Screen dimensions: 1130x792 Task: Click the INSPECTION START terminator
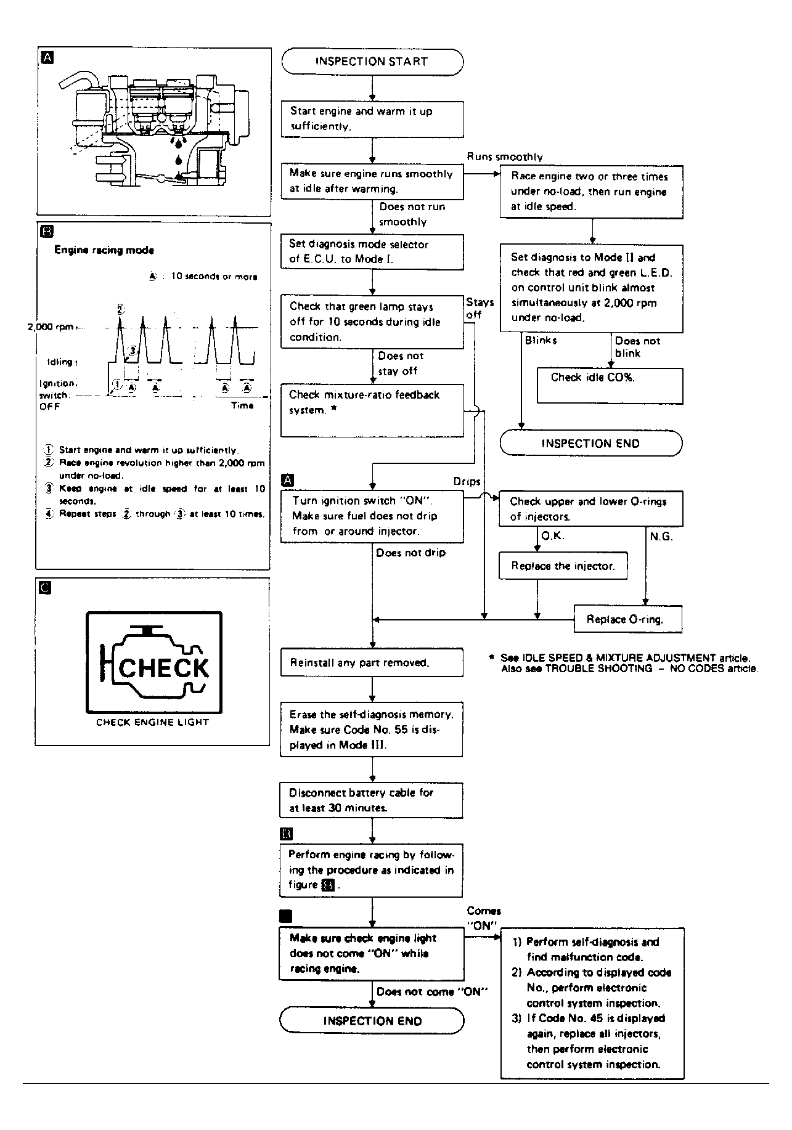point(372,62)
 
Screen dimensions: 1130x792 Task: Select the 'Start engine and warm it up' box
point(372,119)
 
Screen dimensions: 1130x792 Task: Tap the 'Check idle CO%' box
point(609,385)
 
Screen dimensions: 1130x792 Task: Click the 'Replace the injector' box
point(563,566)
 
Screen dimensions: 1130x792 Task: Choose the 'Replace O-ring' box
point(627,619)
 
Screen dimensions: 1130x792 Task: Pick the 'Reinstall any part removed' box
point(372,662)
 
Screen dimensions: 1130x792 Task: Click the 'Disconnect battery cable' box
point(372,800)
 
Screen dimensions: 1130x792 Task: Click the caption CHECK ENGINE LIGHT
point(152,722)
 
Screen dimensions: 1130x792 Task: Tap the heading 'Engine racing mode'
point(104,250)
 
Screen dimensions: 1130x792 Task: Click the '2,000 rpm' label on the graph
point(51,327)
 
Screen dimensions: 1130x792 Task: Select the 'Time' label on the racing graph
point(242,405)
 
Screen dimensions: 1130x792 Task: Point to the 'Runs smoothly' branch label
point(504,157)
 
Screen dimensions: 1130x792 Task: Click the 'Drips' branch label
point(467,481)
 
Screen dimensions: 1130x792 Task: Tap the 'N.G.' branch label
point(661,537)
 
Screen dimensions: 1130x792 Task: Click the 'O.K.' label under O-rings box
point(552,536)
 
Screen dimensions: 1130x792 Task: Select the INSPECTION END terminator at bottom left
point(372,1020)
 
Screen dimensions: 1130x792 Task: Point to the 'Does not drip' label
point(410,553)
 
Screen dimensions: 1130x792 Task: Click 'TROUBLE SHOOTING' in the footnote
point(598,669)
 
